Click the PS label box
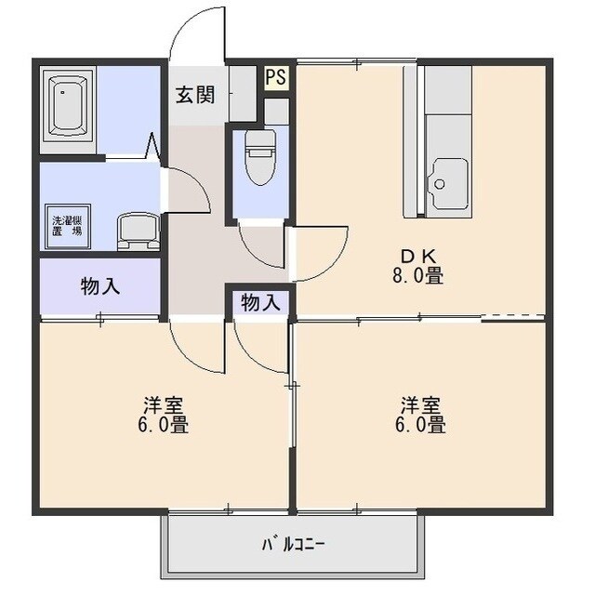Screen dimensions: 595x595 pos(275,77)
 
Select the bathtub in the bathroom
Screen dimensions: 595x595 pos(70,105)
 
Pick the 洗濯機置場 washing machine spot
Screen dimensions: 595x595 pos(66,225)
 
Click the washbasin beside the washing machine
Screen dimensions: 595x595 pos(137,230)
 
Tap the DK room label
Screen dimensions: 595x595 pos(415,257)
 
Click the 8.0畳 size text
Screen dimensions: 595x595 pos(416,276)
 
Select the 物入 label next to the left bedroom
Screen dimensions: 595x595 pos(100,286)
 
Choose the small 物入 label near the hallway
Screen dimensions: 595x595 pos(260,302)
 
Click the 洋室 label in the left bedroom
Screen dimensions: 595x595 pos(163,406)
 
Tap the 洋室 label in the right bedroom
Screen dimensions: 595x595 pos(420,406)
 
